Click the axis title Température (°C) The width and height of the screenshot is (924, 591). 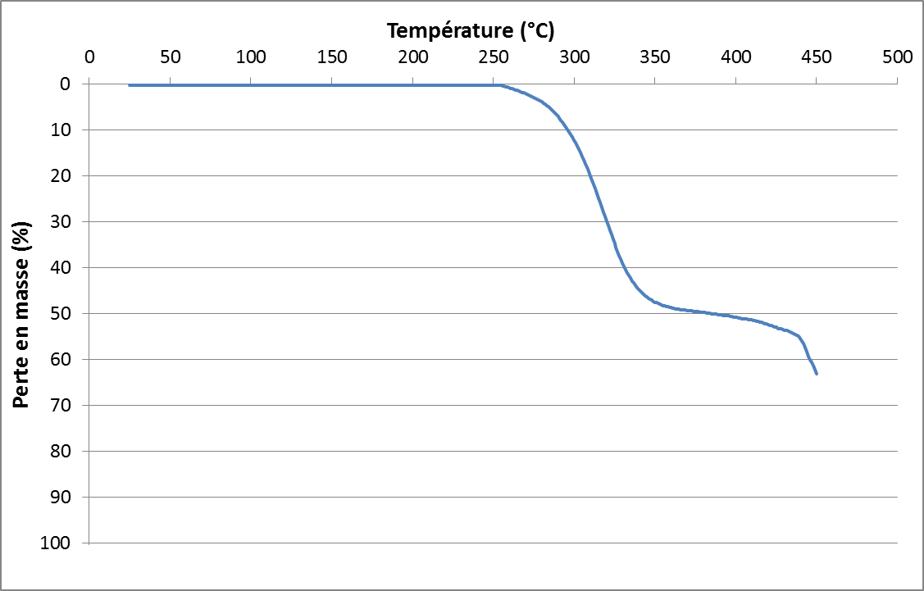[x=471, y=31]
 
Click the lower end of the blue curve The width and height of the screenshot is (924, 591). [x=817, y=374]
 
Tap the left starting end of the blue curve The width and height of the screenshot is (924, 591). [x=130, y=85]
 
